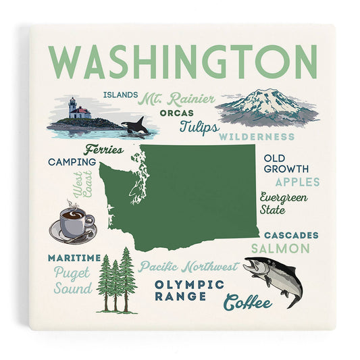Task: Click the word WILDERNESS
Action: point(251,136)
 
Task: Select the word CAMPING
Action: point(71,162)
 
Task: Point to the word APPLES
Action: point(298,182)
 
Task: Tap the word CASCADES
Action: point(290,235)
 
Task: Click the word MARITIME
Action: point(74,258)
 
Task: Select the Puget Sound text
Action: point(73,281)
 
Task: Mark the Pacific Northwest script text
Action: point(188,266)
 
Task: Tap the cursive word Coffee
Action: point(248,303)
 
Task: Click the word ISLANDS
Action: point(122,95)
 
